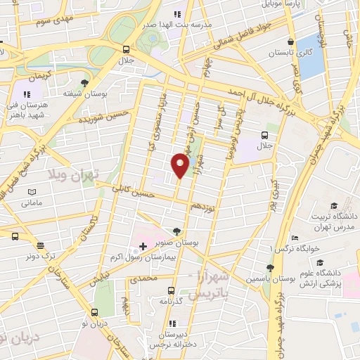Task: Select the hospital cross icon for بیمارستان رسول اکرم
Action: pyautogui.click(x=143, y=246)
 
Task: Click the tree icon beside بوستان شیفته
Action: pyautogui.click(x=84, y=83)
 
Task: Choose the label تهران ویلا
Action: pyautogui.click(x=74, y=173)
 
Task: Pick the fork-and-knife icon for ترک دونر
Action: pyautogui.click(x=41, y=246)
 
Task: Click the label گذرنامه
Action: pyautogui.click(x=172, y=300)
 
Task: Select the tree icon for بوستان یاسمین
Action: pyautogui.click(x=269, y=268)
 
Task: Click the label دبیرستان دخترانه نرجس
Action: pyautogui.click(x=172, y=340)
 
